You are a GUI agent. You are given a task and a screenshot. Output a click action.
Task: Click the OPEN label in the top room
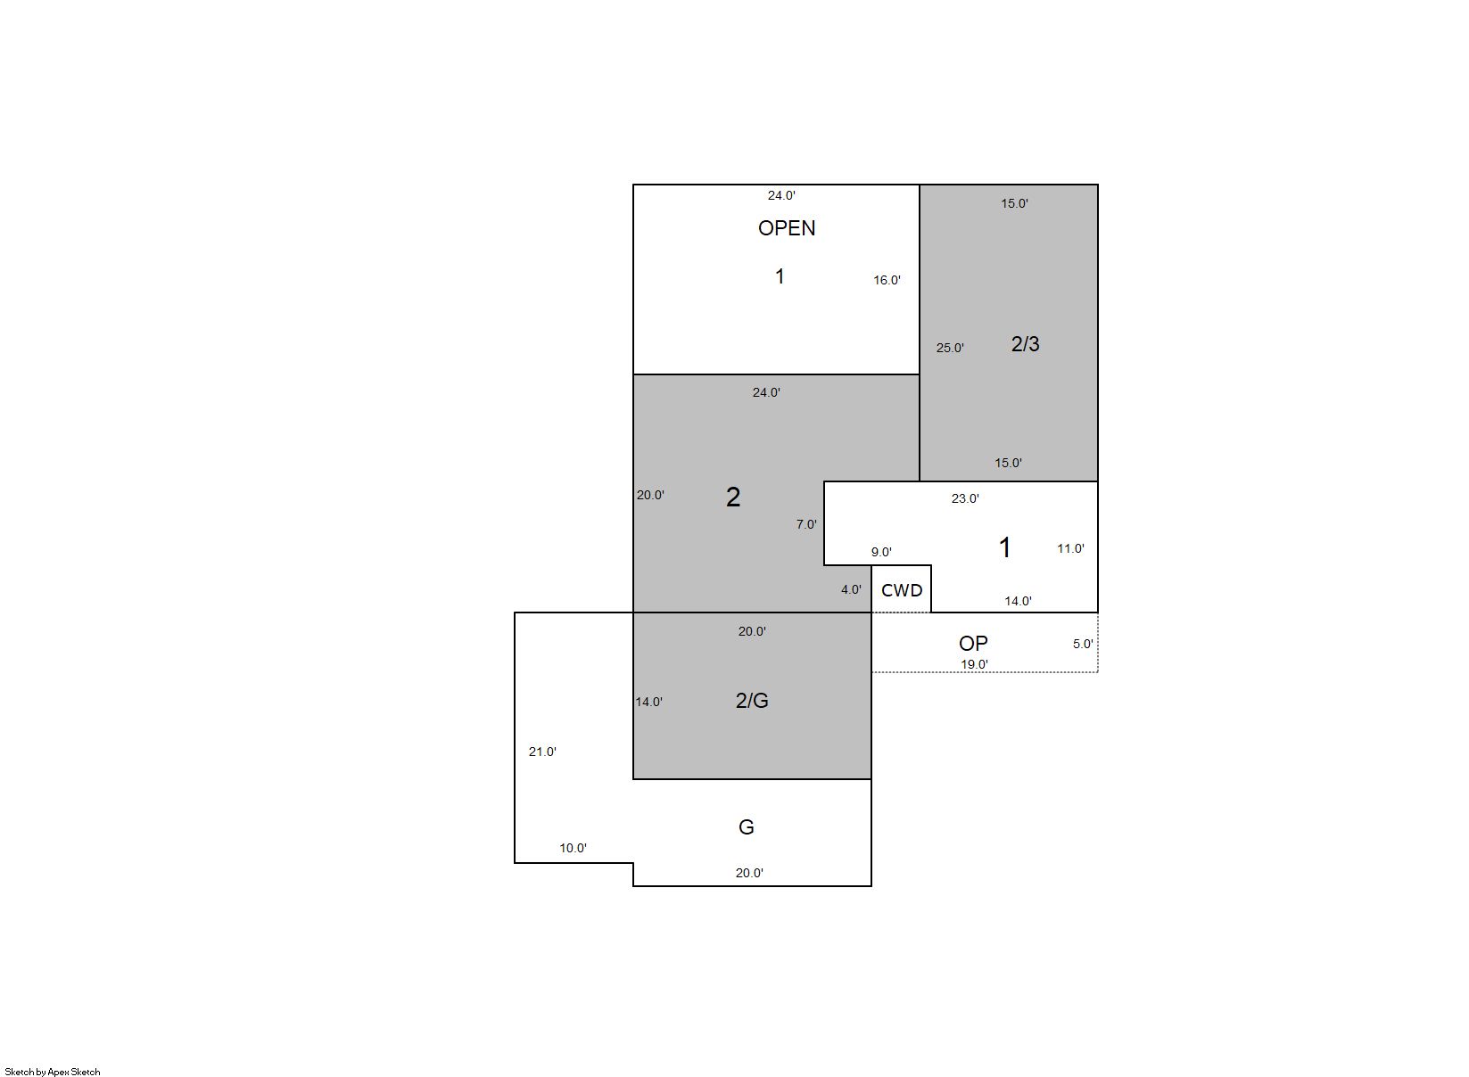787,228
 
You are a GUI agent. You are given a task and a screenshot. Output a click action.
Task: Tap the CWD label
902,590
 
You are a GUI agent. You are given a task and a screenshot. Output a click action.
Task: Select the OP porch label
973,643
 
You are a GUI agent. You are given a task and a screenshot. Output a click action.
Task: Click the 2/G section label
752,701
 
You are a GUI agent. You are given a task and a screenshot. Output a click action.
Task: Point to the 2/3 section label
1025,344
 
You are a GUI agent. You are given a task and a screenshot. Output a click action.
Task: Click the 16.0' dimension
887,281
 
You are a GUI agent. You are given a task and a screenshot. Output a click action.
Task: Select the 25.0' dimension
950,348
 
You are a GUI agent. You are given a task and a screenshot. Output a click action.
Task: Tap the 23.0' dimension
965,499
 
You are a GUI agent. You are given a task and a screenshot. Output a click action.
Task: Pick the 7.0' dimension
806,524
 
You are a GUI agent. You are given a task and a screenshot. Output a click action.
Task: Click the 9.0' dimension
880,552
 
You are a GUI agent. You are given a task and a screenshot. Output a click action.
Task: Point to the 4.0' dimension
851,590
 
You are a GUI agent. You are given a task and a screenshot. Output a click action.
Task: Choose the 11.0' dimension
1070,548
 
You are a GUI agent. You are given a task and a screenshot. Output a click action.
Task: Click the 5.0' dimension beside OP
1083,644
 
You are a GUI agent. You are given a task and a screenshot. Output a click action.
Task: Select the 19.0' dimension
974,664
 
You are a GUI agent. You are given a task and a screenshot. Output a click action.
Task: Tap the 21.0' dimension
542,752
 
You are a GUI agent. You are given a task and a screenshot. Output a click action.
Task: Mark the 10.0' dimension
573,848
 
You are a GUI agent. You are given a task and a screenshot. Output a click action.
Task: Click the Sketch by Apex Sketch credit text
53,1072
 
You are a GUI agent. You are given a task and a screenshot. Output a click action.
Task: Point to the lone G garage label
747,827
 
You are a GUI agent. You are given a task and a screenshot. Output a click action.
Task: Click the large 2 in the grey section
733,497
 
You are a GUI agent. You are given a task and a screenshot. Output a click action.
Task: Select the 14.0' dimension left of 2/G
648,702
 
